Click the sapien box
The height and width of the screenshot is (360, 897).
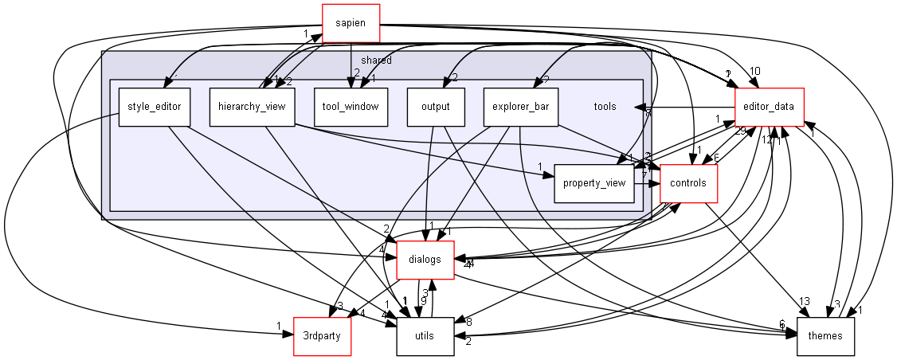tap(351, 23)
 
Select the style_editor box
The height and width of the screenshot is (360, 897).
tap(155, 106)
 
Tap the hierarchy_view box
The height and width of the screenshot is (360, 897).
tap(253, 106)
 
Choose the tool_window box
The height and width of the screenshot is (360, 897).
tap(351, 106)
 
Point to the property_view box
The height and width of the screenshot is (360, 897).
tap(593, 184)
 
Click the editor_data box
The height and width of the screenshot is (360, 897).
tap(768, 107)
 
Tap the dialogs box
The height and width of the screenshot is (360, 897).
tap(425, 259)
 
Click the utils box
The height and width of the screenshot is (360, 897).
tap(425, 335)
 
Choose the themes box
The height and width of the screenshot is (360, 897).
tap(825, 335)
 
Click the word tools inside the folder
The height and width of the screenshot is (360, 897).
tap(605, 106)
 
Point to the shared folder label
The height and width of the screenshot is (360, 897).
tap(376, 61)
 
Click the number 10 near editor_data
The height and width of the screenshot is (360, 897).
tap(754, 70)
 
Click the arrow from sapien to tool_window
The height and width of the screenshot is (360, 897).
tap(351, 64)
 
